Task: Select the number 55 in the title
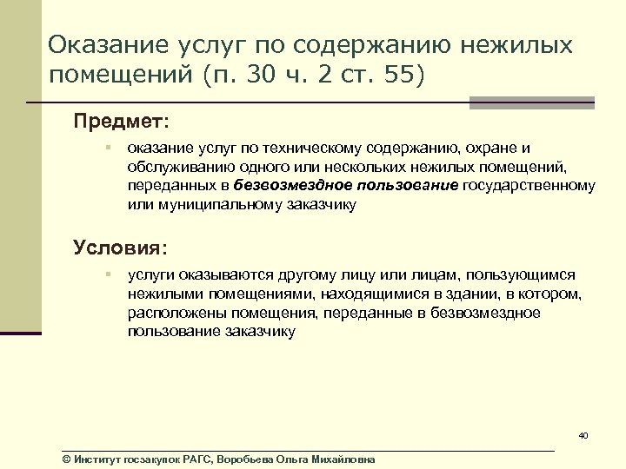tap(398, 76)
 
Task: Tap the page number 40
tap(583, 435)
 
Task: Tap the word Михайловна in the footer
tap(343, 459)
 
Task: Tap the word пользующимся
tap(529, 274)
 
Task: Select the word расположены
tap(170, 313)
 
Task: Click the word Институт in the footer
tap(98, 459)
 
